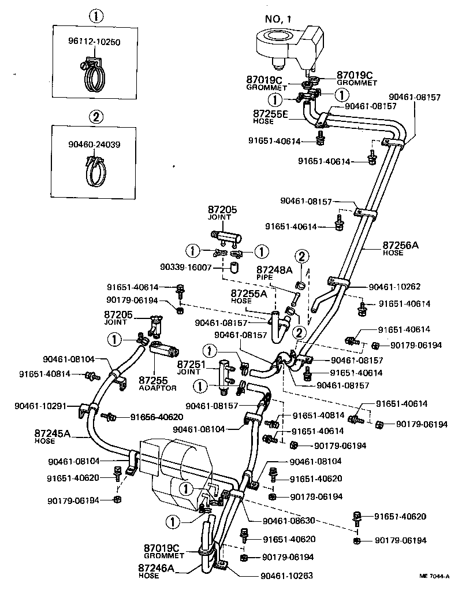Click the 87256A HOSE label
coord(400,248)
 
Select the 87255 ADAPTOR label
coord(157,383)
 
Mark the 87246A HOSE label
coord(155,571)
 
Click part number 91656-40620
coord(157,417)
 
